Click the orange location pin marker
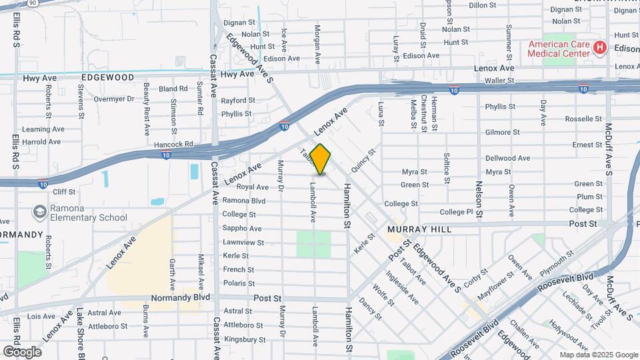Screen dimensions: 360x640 (320, 160)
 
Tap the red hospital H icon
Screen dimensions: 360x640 (599, 47)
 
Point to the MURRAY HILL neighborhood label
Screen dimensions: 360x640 (419, 229)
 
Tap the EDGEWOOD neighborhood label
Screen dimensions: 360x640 (107, 77)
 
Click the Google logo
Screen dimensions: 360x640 (22, 351)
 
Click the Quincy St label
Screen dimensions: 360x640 (364, 161)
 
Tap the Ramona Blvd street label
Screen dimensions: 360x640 (244, 201)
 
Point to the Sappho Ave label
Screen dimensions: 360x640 (242, 228)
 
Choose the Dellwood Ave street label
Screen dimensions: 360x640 (507, 159)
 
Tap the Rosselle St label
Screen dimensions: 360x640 (583, 119)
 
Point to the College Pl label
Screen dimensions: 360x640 (456, 212)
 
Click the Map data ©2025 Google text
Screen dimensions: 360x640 (598, 355)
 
